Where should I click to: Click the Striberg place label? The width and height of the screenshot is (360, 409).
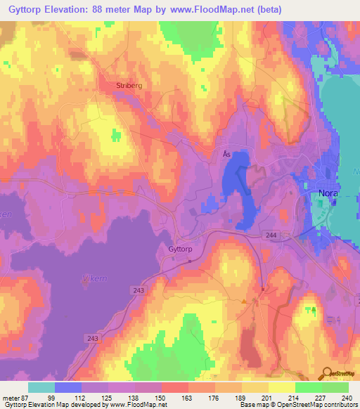129,86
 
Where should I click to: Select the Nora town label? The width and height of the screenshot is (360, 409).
325,192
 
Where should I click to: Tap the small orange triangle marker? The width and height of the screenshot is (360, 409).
244,301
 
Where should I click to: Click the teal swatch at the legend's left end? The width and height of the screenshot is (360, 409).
41,387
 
